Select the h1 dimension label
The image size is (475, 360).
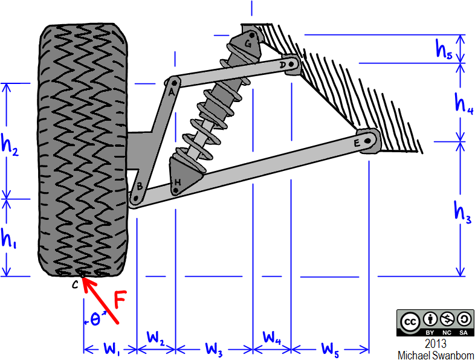(8, 239)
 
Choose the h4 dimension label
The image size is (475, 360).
(464, 103)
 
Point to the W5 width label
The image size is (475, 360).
(329, 349)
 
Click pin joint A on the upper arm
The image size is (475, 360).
(173, 81)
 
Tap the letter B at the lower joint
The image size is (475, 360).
(140, 187)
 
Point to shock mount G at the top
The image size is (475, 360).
(248, 43)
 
